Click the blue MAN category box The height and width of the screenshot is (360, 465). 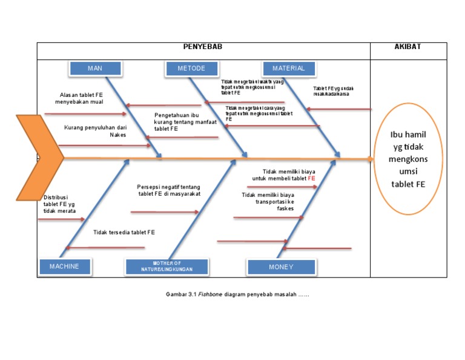click(x=95, y=68)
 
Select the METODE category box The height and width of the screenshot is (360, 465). click(x=191, y=68)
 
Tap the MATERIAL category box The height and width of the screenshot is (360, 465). click(x=288, y=68)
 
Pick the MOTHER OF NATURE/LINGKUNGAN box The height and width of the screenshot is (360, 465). click(x=167, y=267)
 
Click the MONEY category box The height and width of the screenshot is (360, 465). click(x=281, y=267)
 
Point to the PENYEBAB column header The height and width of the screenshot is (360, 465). click(x=203, y=47)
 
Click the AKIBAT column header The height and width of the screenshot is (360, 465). click(x=407, y=47)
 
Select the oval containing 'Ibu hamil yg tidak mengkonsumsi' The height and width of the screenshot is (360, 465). click(x=407, y=159)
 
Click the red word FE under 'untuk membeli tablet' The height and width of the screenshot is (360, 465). click(x=311, y=179)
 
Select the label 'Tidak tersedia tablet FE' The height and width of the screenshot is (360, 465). click(x=124, y=232)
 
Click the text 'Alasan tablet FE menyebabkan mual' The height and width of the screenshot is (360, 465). click(x=81, y=98)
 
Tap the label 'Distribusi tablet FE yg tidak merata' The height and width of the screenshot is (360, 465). click(x=59, y=204)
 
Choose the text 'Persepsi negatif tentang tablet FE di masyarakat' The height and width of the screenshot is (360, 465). click(x=168, y=190)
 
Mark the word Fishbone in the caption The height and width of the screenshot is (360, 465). click(x=210, y=295)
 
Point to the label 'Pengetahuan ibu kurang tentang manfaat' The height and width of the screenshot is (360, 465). click(x=185, y=122)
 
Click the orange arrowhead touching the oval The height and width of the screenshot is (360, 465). click(x=371, y=159)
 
